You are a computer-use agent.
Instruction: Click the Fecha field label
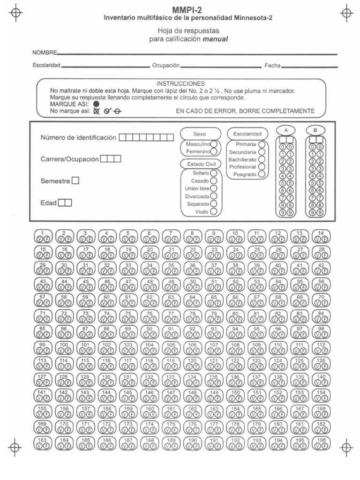click(272, 66)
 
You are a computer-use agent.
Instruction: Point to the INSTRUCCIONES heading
click(180, 83)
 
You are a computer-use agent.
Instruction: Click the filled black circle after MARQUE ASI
click(96, 104)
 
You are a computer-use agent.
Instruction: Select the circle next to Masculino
click(214, 144)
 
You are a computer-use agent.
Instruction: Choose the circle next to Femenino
click(214, 152)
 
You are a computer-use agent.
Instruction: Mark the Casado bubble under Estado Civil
click(214, 181)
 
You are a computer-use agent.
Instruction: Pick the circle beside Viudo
click(214, 211)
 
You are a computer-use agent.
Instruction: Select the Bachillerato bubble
click(262, 159)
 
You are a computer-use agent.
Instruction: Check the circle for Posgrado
click(262, 174)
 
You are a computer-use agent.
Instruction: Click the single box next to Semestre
click(75, 181)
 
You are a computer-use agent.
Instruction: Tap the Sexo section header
click(200, 134)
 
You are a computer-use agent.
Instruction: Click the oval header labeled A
click(286, 130)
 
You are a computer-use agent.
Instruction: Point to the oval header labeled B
click(315, 130)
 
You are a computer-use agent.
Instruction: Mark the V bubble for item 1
click(39, 238)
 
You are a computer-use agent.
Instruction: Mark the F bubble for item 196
click(325, 447)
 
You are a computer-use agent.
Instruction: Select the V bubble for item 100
click(60, 350)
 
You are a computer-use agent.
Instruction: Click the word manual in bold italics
click(215, 39)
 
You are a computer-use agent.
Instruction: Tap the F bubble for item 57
click(46, 302)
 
